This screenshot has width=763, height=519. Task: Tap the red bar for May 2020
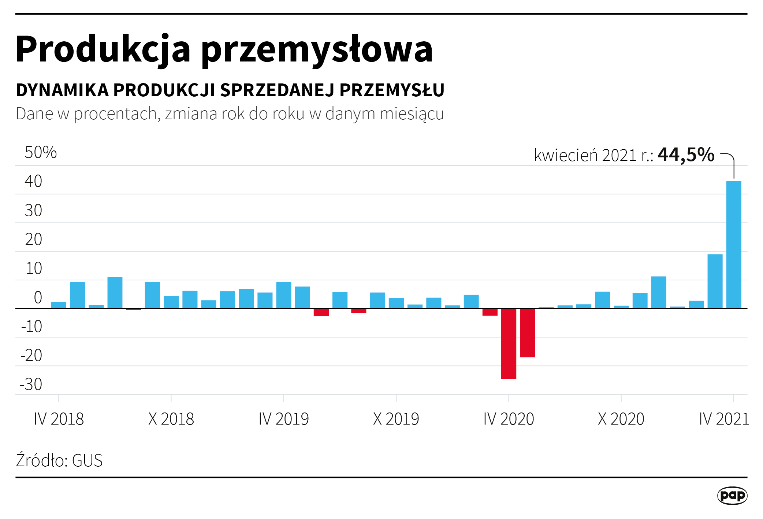[527, 333]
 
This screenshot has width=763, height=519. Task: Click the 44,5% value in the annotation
[686, 154]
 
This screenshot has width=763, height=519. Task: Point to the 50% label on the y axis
[41, 152]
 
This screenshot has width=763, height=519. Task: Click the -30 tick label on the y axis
[31, 384]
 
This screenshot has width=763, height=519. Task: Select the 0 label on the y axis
[38, 298]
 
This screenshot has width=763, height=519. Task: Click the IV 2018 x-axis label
[59, 419]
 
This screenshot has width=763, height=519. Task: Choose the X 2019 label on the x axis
[396, 419]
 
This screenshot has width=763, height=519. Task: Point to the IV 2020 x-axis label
[509, 419]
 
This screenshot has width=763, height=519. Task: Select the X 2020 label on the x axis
[621, 419]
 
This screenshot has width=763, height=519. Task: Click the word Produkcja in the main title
[103, 49]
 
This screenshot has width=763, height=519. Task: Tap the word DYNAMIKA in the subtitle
[62, 90]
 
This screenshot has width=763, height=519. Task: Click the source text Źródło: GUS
[59, 460]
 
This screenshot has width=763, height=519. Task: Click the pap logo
[732, 496]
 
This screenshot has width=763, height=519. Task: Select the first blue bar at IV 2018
[59, 305]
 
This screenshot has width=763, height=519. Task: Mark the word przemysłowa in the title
[317, 49]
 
